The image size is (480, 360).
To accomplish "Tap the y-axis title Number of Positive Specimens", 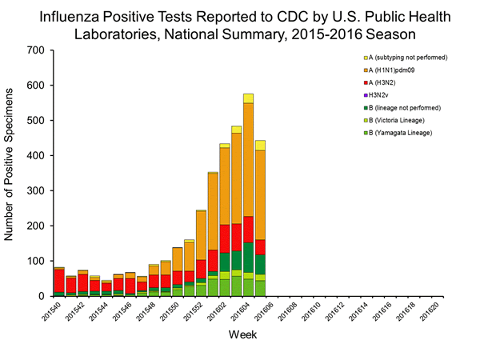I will click(x=14, y=172).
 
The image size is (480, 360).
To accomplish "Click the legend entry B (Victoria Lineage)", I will click(x=402, y=118).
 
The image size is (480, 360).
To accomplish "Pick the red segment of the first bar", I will click(x=59, y=280).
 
